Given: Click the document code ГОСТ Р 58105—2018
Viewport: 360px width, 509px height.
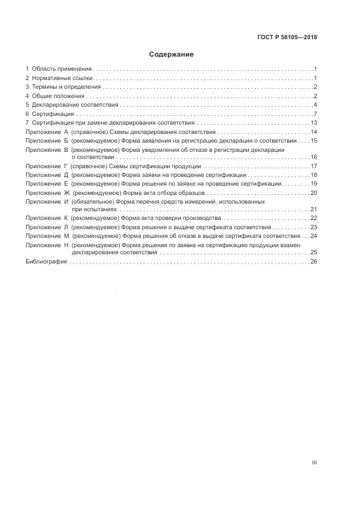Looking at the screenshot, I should (287, 38).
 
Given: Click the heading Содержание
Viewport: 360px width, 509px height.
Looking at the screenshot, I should (172, 54).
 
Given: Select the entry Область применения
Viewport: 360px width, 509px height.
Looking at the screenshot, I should (62, 69).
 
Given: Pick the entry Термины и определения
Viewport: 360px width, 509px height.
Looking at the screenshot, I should (66, 87).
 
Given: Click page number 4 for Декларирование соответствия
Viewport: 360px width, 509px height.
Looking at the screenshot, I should (315, 105).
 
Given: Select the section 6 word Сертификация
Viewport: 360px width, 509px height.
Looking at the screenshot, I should (53, 114).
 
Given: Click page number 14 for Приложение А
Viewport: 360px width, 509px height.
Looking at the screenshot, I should (314, 132).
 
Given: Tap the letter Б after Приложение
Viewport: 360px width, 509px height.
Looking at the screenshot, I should (66, 140).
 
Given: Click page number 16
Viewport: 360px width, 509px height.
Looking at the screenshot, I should (314, 157).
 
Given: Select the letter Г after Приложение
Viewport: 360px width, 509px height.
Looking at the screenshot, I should (65, 166).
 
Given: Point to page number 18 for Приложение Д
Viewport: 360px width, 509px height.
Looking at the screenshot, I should (314, 175).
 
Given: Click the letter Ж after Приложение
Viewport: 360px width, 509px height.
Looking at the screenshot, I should (66, 193).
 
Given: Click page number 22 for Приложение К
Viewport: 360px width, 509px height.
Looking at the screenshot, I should (314, 218).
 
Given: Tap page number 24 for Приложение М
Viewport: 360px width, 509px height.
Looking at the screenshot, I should (314, 236).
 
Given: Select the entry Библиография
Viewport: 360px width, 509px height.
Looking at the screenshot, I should (46, 261).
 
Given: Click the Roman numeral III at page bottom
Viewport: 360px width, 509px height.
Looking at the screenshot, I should (314, 463).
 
